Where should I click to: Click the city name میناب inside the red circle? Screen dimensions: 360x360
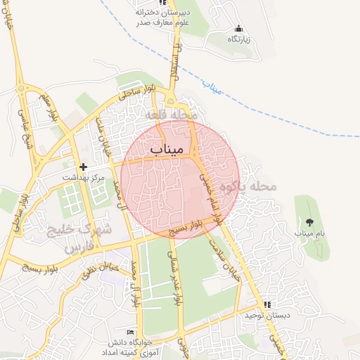[167, 149]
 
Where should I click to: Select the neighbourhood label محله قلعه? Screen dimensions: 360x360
[174, 114]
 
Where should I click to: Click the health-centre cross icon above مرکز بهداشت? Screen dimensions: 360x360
[84, 167]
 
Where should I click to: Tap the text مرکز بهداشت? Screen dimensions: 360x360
[84, 179]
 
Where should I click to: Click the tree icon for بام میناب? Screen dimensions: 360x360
[309, 221]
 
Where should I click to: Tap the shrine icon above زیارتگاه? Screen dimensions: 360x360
[239, 29]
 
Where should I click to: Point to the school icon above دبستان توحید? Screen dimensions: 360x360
[267, 304]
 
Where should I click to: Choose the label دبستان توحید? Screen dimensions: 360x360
[266, 316]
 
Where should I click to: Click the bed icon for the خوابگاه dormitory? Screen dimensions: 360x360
[130, 332]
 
